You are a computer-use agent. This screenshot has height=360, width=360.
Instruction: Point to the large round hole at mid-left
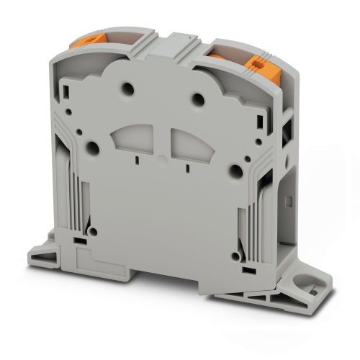pos(93,148)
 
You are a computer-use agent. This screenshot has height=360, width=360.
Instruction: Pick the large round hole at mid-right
pos(235,171)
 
